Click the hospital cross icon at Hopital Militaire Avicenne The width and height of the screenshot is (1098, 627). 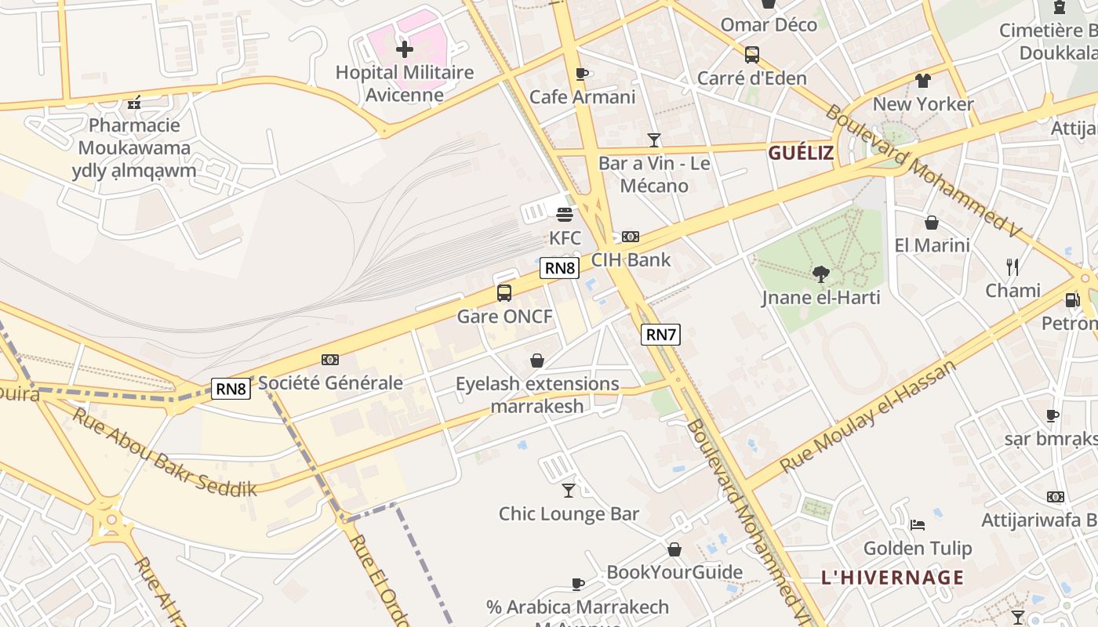pos(404,49)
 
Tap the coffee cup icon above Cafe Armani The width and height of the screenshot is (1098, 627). pos(581,74)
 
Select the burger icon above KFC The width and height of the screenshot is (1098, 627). pos(564,214)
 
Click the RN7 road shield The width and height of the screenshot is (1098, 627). pos(660,335)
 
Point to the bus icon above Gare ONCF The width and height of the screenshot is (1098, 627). pos(504,293)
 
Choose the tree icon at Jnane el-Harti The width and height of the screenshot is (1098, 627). pos(820,274)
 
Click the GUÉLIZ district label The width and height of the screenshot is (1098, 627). pos(801,153)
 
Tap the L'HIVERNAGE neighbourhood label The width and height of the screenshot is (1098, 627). pos(893,578)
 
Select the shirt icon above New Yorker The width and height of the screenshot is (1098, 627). pos(923,80)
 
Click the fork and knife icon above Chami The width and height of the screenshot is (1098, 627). pos(1013,267)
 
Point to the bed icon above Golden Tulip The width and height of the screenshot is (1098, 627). pos(918,524)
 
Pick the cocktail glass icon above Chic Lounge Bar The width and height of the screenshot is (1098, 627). pos(569,491)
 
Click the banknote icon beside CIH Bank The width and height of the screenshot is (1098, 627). pos(631,237)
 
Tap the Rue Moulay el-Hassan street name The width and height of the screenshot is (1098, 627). pos(868,416)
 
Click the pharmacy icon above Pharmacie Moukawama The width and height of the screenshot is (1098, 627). pos(134,102)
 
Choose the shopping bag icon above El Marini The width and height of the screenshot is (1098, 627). pos(932,223)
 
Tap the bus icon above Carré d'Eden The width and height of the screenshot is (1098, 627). pos(751,55)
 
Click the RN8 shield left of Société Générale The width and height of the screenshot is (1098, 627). pos(231,388)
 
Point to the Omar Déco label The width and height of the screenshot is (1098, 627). pos(769,24)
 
